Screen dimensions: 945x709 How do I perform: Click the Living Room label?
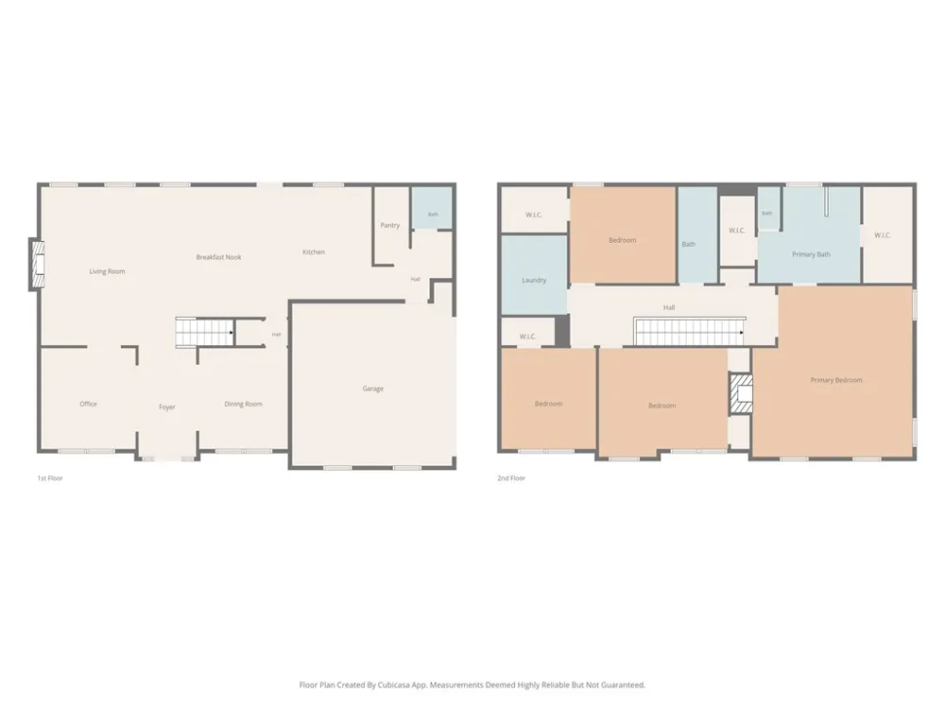[108, 271]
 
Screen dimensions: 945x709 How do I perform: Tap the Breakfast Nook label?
[218, 257]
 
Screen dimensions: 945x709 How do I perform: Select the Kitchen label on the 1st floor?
[314, 252]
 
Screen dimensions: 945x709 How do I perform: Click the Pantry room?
[390, 226]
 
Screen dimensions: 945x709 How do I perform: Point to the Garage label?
[373, 389]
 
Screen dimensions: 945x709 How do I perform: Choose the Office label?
[88, 404]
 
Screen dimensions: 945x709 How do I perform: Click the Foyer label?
[167, 406]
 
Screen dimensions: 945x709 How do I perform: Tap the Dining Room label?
[244, 404]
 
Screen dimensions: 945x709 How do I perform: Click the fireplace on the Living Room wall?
[37, 265]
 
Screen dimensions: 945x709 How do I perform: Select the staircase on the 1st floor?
[205, 332]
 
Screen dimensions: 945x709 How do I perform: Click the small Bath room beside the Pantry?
[432, 208]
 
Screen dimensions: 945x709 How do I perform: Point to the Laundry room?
[534, 275]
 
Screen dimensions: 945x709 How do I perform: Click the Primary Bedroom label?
[836, 380]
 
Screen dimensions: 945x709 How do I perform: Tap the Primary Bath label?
[811, 254]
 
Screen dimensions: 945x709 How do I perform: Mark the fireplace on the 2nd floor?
[742, 393]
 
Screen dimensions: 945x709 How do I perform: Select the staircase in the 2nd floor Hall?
[690, 332]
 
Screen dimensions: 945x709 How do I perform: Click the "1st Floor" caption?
[50, 478]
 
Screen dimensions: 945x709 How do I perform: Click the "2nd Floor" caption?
[511, 478]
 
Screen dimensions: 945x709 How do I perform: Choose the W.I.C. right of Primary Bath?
[883, 235]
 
